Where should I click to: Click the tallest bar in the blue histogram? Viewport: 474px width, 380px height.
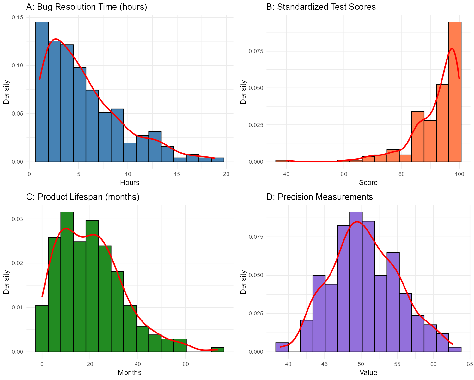pyautogui.click(x=42, y=92)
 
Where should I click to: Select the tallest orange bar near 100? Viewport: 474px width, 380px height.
pyautogui.click(x=455, y=92)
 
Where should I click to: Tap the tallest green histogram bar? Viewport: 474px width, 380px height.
pyautogui.click(x=67, y=282)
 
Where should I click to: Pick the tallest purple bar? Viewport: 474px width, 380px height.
pyautogui.click(x=356, y=282)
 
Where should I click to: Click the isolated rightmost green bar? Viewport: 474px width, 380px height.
pyautogui.click(x=218, y=350)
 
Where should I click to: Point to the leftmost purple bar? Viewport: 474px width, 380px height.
pyautogui.click(x=282, y=347)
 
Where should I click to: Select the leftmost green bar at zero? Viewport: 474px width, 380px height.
pyautogui.click(x=42, y=328)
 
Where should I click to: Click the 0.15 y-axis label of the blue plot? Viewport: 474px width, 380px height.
pyautogui.click(x=17, y=17)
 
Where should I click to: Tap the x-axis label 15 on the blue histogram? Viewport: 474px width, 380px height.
pyautogui.click(x=177, y=174)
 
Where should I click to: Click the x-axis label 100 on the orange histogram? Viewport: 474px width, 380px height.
pyautogui.click(x=459, y=174)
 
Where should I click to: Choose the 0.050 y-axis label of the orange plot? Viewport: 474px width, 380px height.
pyautogui.click(x=256, y=88)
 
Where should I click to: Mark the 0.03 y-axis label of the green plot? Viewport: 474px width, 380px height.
pyautogui.click(x=17, y=219)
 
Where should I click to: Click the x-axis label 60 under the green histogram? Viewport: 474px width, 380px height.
pyautogui.click(x=186, y=364)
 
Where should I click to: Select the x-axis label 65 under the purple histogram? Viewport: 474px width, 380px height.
pyautogui.click(x=470, y=364)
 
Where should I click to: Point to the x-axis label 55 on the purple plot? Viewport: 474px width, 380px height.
pyautogui.click(x=397, y=364)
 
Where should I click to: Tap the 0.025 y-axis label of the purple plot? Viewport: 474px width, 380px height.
pyautogui.click(x=256, y=313)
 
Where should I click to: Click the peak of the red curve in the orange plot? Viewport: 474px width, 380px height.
pyautogui.click(x=452, y=48)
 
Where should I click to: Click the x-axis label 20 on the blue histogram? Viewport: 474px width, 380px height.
pyautogui.click(x=226, y=174)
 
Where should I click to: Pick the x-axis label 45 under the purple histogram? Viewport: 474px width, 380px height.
pyautogui.click(x=325, y=364)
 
